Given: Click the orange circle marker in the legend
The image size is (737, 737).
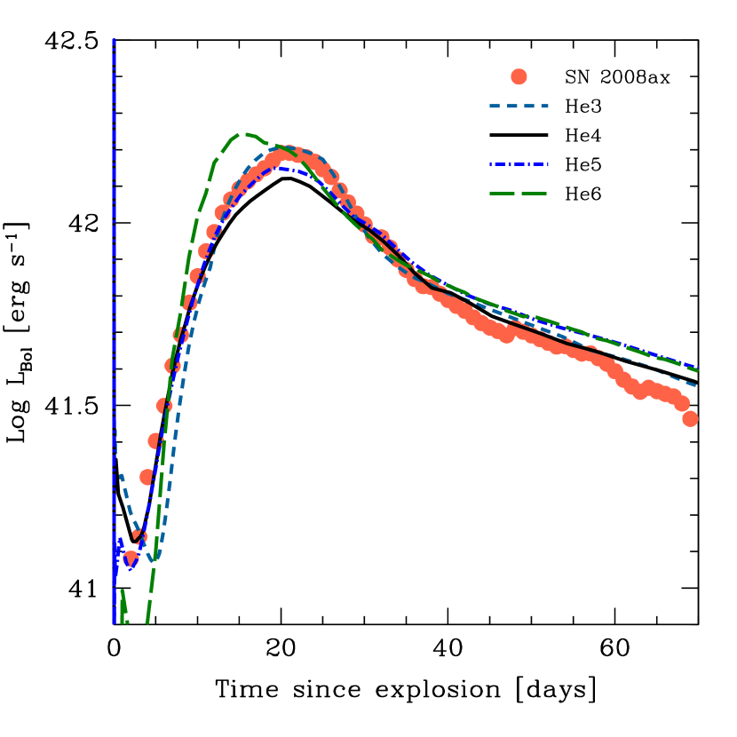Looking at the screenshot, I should [519, 76].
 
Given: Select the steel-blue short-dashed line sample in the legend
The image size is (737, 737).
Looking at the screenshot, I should [519, 107].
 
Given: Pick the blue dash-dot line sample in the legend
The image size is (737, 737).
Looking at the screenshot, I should [519, 164].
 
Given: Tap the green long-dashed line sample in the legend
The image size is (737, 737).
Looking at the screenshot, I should [519, 194].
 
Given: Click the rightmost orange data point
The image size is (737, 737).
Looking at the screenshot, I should [690, 418].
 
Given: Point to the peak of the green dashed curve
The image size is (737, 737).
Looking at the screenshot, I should [244, 134].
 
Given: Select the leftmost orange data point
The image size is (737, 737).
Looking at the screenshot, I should [131, 559].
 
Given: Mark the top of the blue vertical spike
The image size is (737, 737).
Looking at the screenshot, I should [114, 40].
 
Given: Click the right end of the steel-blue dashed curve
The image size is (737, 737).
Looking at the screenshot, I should [696, 385].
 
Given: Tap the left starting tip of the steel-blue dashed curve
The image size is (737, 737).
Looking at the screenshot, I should [121, 475].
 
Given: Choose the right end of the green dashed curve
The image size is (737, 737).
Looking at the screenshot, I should [698, 370].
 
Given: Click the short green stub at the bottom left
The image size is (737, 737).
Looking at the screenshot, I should [123, 604].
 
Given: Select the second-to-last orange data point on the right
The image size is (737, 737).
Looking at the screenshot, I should [681, 403].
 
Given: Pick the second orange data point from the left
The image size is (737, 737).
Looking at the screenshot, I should [139, 536].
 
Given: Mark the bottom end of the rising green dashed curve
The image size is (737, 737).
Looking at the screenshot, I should [147, 622].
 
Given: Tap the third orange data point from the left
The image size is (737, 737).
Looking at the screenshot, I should [147, 477].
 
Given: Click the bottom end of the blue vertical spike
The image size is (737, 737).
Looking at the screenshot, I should [115, 622].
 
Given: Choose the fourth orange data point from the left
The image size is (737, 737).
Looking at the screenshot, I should [155, 440].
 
